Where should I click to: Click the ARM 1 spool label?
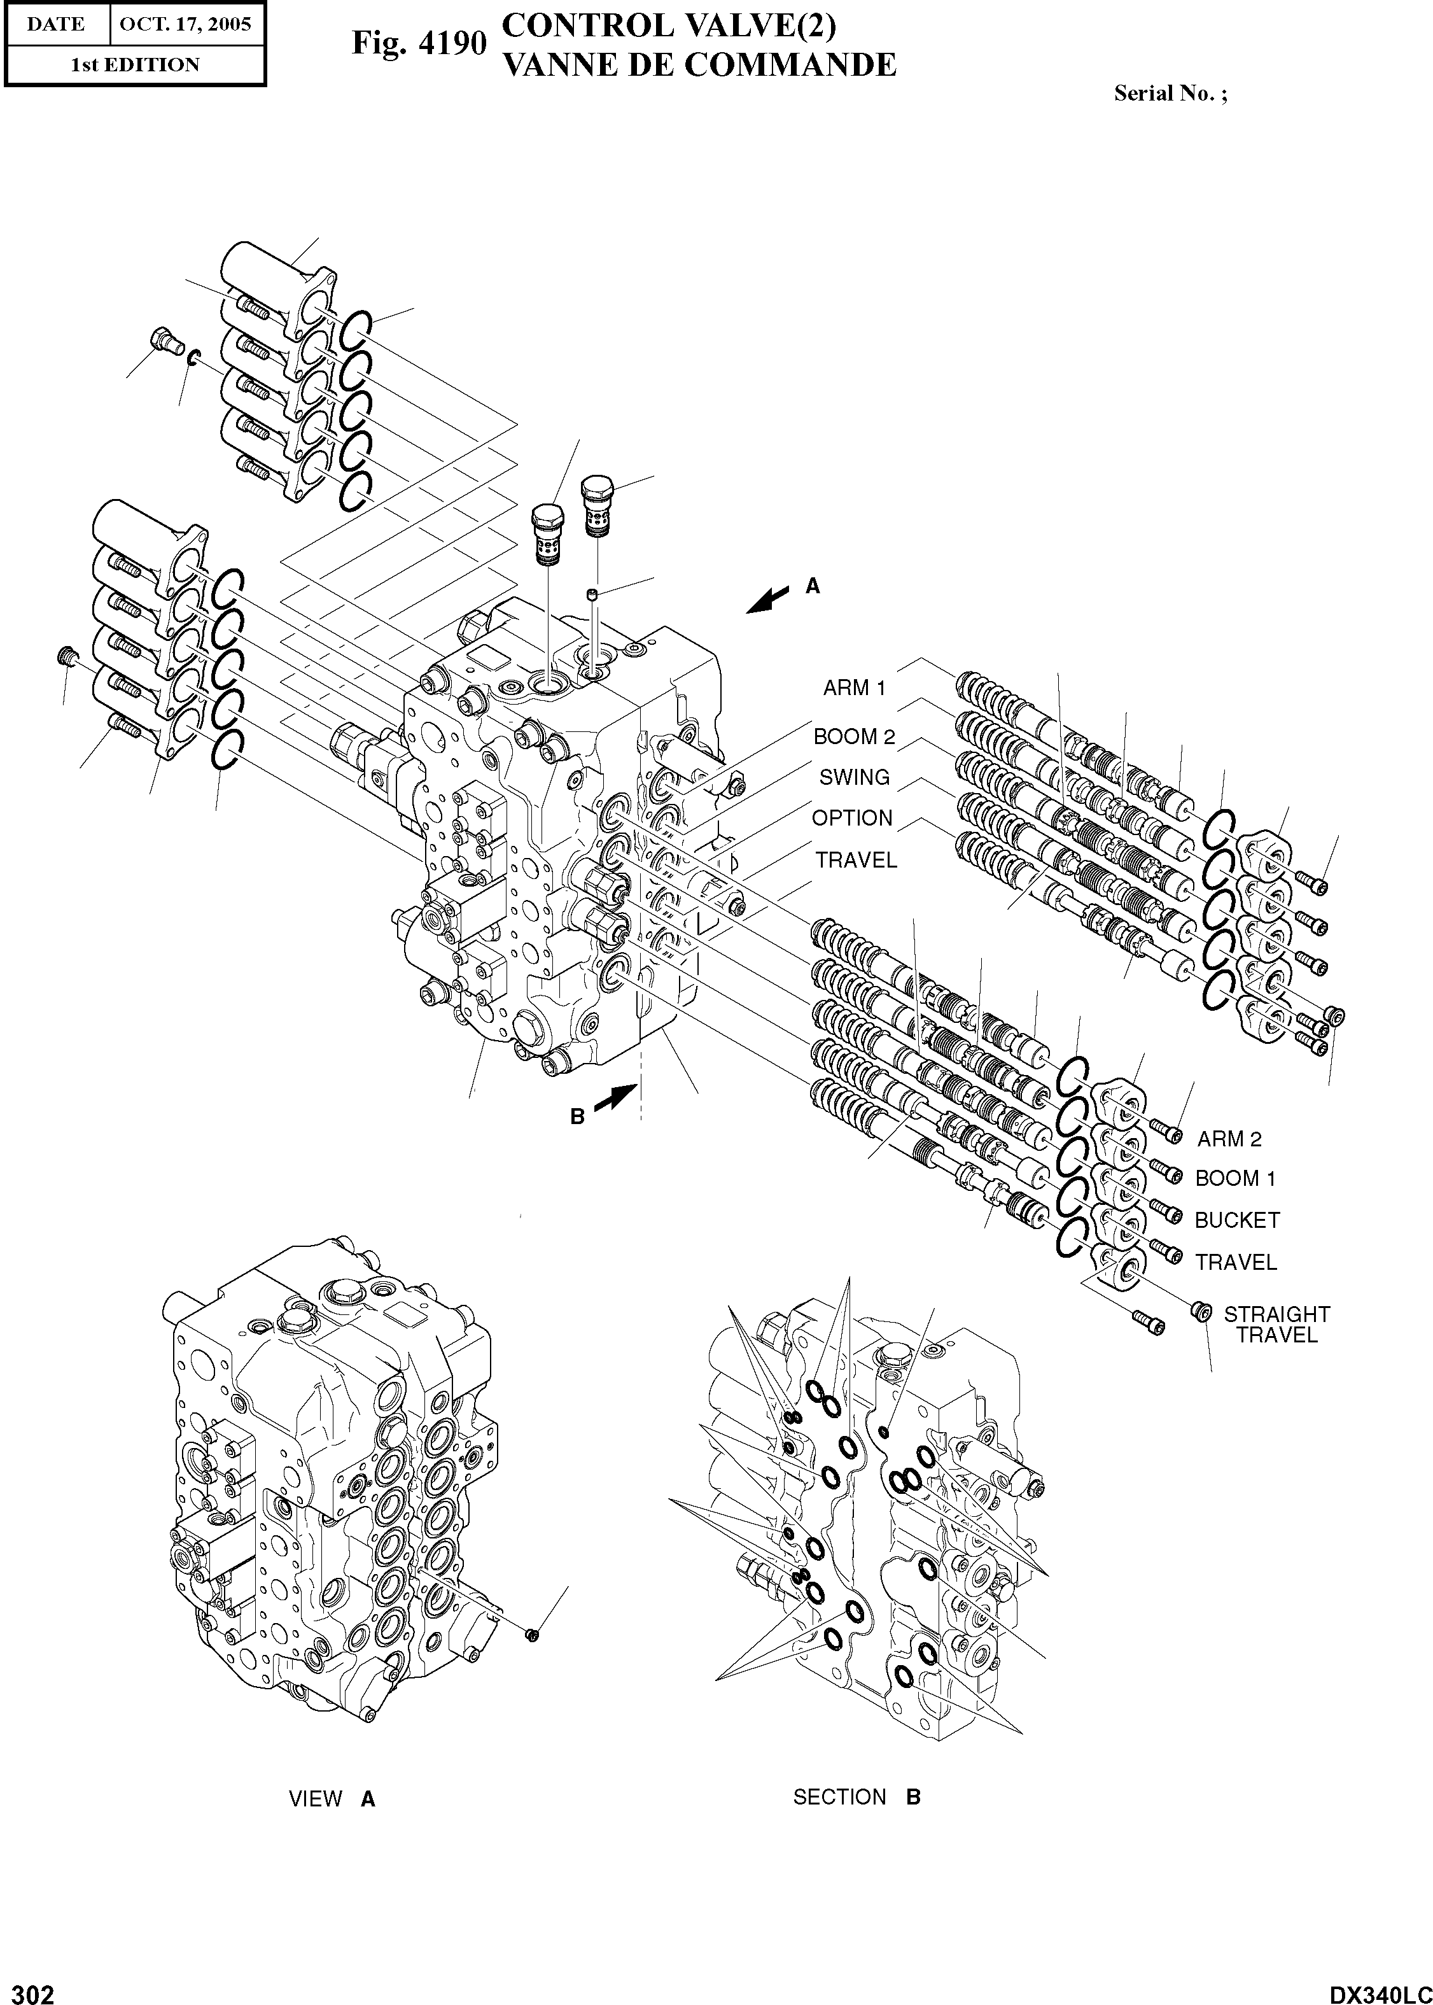point(853,687)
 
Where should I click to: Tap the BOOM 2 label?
point(853,736)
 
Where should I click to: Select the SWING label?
point(853,777)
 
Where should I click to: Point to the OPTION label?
point(851,818)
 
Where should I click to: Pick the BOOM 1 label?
point(1234,1178)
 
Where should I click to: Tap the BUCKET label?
point(1236,1220)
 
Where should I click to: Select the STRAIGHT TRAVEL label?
point(1276,1325)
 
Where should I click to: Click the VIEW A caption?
point(332,1799)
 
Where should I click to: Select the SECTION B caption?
point(856,1797)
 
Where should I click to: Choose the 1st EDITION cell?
point(134,64)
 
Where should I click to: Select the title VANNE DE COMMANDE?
point(699,64)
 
